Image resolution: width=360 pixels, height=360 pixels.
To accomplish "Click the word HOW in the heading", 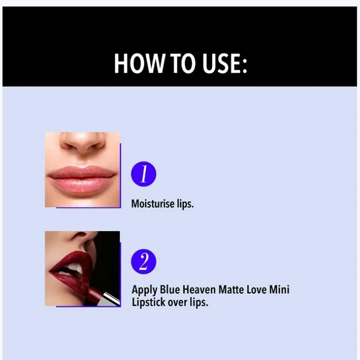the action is [139, 64].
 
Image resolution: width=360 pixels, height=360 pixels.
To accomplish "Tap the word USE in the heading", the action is [220, 64].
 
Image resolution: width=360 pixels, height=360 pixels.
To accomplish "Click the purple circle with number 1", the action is [143, 174].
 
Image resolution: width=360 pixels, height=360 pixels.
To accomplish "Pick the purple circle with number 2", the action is [143, 262].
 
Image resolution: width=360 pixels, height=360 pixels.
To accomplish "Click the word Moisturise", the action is [152, 204].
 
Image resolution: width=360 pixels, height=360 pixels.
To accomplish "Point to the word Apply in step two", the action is [144, 290].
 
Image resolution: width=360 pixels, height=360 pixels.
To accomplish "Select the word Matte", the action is [231, 290].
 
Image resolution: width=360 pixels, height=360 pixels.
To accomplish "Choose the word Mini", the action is [279, 290].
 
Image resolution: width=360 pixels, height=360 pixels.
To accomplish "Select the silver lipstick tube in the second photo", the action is [111, 299].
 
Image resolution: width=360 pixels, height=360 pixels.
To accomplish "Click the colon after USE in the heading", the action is [244, 66].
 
